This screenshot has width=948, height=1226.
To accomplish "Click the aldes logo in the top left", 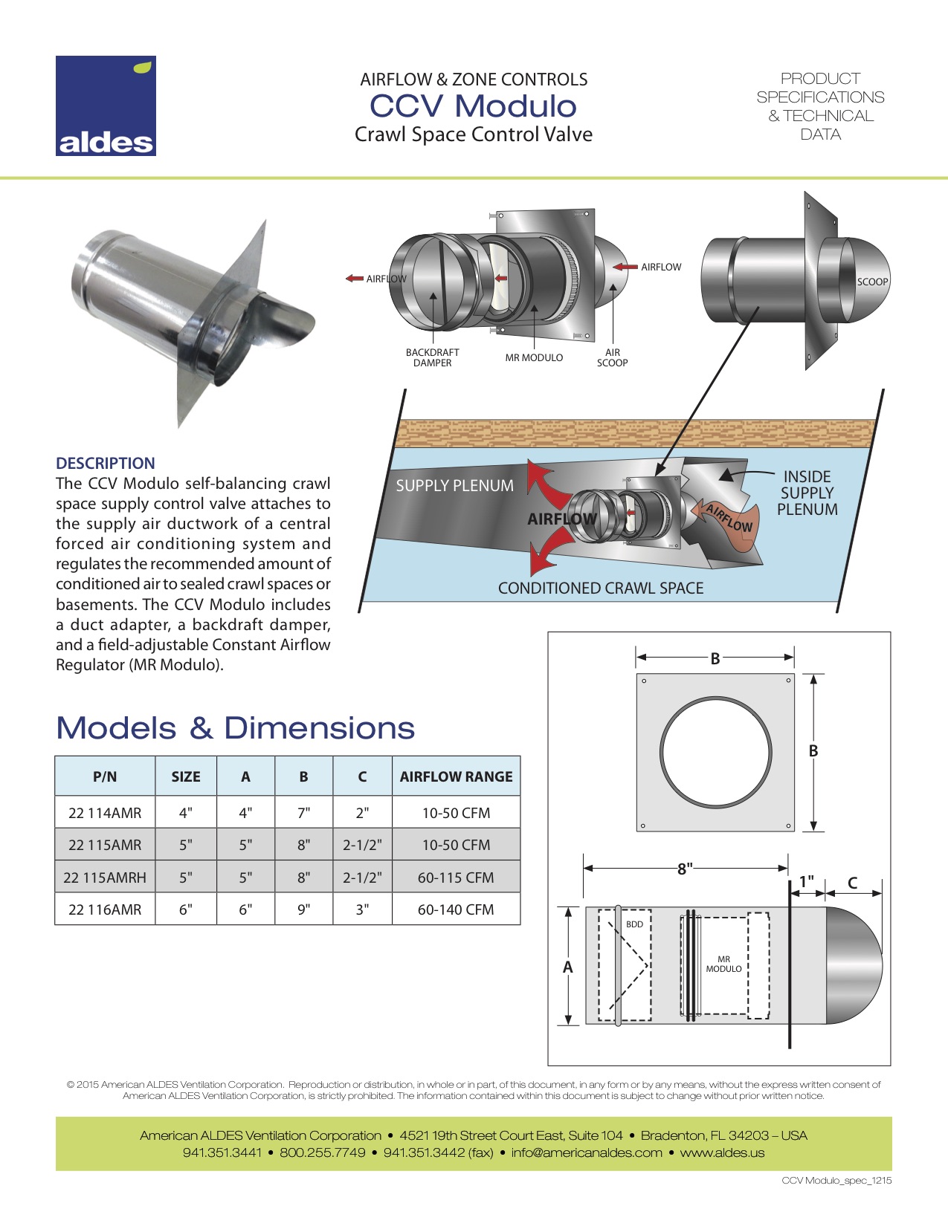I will tap(106, 106).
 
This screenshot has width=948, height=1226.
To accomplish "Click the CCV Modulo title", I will tap(473, 106).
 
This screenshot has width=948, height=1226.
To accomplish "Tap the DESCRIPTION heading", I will tap(106, 463).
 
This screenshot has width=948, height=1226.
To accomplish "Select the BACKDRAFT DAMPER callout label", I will tap(432, 357).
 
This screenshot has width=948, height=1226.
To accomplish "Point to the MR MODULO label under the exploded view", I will tap(534, 357).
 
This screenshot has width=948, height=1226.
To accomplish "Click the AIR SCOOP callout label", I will tap(612, 357).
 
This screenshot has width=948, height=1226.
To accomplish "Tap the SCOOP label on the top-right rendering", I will tap(872, 282).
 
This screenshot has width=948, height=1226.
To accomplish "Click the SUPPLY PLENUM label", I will tap(454, 486).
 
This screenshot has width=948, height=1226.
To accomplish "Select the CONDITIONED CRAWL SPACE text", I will tap(601, 588).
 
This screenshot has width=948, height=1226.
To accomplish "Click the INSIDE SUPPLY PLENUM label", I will tap(807, 493).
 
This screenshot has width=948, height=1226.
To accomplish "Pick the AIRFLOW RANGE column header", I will tap(456, 776).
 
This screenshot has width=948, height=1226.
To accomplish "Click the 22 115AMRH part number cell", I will tap(105, 878).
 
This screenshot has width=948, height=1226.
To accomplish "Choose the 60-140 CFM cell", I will tap(456, 909).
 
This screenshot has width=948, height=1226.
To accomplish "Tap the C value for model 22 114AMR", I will tap(362, 813).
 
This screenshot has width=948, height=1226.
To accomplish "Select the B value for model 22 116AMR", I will tap(303, 909).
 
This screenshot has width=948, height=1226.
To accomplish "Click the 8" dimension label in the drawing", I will tap(685, 868).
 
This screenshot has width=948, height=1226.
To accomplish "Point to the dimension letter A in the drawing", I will tap(568, 967).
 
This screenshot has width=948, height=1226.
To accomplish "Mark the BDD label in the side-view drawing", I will tap(634, 924).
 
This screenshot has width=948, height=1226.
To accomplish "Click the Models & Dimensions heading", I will tap(236, 728).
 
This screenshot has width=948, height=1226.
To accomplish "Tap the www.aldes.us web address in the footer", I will tap(722, 1153).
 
